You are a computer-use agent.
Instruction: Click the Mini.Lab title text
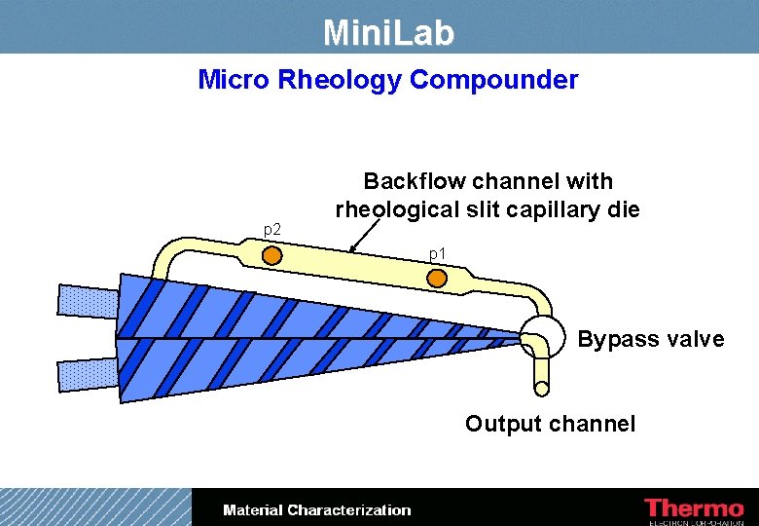click(x=388, y=34)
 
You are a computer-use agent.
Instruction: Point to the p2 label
click(x=273, y=229)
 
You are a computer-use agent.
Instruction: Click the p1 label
click(x=438, y=254)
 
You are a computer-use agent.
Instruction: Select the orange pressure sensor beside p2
click(x=272, y=255)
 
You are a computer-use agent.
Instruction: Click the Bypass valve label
click(x=651, y=339)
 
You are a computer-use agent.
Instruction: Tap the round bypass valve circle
click(x=542, y=336)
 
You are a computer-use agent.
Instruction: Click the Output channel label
click(x=550, y=424)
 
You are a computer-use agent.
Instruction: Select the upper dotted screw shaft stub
click(x=87, y=301)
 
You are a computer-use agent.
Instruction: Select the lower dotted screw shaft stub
click(x=87, y=373)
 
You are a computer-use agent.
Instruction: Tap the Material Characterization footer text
click(x=317, y=510)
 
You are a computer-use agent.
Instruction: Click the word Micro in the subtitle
click(x=235, y=80)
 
